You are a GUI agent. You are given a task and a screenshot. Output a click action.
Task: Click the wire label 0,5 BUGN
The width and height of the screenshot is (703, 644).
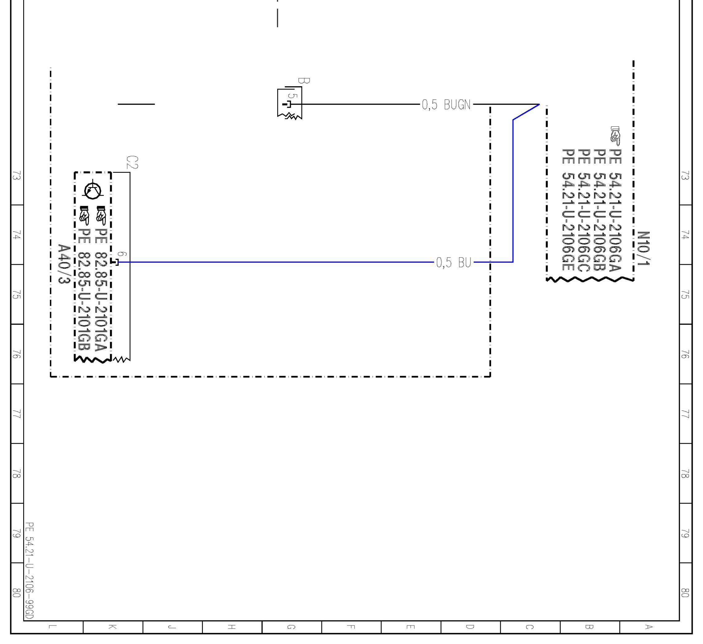(446, 105)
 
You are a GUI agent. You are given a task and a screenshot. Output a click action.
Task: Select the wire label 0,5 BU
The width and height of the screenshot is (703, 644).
(453, 262)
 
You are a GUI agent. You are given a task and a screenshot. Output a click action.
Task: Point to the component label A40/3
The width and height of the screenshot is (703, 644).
(64, 264)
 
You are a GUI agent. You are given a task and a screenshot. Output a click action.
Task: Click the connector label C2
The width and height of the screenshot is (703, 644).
(132, 162)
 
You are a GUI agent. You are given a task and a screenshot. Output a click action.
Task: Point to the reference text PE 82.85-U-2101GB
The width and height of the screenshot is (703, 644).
(84, 290)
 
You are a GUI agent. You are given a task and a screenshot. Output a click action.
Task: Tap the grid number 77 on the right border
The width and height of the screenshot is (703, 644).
(685, 414)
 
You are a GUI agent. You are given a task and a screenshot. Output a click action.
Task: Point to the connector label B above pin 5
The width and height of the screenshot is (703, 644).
(303, 81)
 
